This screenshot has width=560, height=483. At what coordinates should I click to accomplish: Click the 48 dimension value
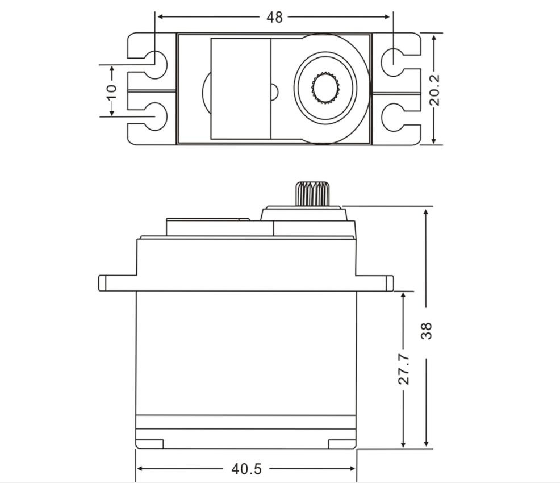click(x=274, y=17)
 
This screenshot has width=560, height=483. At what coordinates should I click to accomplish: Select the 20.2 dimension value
click(x=435, y=89)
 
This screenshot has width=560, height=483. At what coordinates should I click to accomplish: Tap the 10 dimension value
click(x=111, y=90)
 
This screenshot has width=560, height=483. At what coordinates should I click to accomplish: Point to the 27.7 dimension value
click(x=403, y=369)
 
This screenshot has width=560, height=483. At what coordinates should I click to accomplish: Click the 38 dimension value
click(x=427, y=331)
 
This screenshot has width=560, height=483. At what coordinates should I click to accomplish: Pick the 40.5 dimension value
click(x=246, y=469)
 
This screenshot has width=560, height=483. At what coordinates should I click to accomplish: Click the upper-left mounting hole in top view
click(x=156, y=62)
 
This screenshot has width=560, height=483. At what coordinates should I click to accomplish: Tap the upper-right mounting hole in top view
click(x=392, y=62)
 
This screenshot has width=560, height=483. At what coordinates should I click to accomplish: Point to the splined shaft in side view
click(x=312, y=193)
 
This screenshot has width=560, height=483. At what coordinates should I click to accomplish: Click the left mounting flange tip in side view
click(x=102, y=283)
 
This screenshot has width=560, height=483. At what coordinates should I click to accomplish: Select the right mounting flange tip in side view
click(x=390, y=283)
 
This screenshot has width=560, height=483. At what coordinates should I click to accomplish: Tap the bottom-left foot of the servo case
click(x=150, y=444)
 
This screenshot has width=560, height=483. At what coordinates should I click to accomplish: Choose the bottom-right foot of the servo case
click(x=342, y=444)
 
